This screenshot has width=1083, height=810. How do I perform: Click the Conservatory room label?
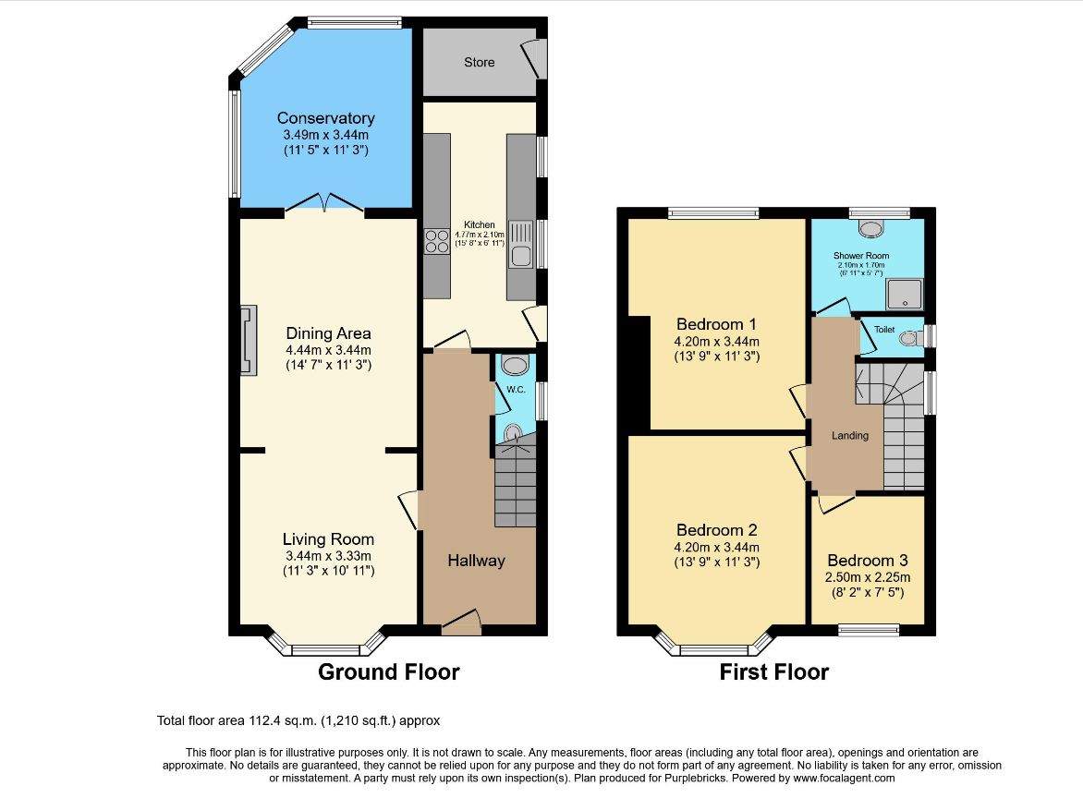point(325,118)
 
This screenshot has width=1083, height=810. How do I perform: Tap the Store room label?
point(480,62)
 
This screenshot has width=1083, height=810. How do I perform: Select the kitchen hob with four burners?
point(436,242)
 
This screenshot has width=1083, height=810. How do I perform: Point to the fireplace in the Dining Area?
point(248,341)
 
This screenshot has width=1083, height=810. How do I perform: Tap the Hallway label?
point(476,561)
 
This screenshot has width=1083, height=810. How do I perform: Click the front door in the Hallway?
point(461,622)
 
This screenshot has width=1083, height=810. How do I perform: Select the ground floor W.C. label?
point(516,390)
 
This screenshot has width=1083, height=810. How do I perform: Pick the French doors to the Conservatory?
point(324,201)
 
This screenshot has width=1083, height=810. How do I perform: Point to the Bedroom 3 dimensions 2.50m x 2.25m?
point(868,577)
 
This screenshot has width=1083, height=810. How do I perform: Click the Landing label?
point(849,436)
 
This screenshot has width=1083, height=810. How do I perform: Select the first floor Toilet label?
point(884,330)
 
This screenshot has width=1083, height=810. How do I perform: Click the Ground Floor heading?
point(389,671)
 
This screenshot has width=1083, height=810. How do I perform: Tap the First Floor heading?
point(773,671)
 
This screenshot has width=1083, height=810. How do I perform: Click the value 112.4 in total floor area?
point(264,721)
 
